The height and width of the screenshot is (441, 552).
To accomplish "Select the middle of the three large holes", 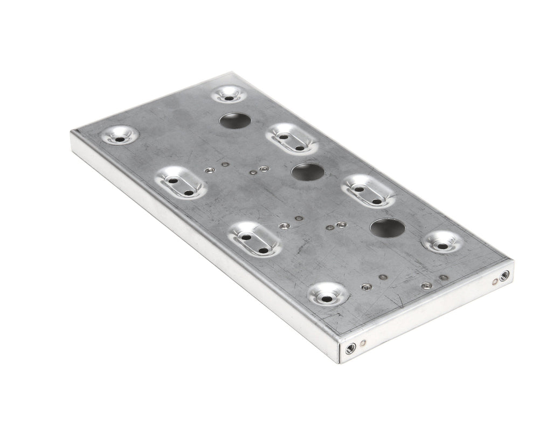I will click(307, 172).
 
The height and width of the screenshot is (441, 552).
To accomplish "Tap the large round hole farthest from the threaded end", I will click(235, 120).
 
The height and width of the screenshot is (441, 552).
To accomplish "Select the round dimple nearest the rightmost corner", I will click(443, 243).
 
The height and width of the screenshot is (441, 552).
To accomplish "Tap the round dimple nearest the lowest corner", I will click(328, 296).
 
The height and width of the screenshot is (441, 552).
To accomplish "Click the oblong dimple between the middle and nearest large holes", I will click(369, 190).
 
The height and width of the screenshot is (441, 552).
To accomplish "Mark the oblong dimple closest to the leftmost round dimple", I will click(180, 183).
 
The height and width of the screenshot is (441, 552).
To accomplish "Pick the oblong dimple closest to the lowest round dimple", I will click(253, 239).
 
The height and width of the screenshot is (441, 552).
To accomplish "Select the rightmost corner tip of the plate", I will click(514, 263).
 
